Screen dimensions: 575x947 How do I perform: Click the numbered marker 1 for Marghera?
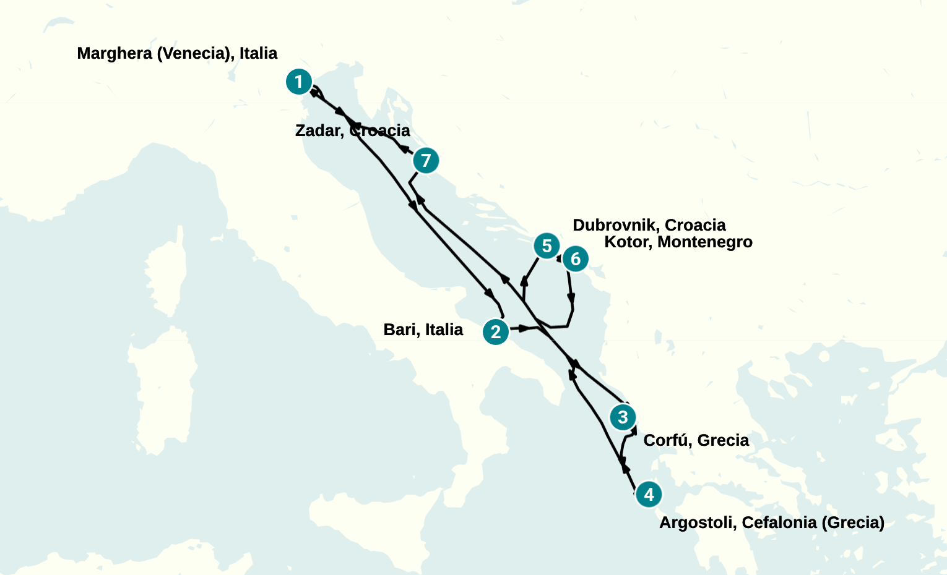point(298,82)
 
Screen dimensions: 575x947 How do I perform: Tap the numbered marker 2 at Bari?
point(496,332)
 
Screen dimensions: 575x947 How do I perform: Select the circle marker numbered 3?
point(623,417)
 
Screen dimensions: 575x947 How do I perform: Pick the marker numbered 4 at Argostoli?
point(649,495)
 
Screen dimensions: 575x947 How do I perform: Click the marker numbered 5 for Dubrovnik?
point(547,246)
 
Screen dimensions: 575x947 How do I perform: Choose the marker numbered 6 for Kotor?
point(576,258)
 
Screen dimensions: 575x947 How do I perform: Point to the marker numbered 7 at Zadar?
point(426,161)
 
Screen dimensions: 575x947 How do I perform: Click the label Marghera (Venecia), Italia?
point(177,54)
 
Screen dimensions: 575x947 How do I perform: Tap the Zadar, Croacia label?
point(352,130)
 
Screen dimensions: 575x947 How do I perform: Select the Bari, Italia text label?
point(423,330)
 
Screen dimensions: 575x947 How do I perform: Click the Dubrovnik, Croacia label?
point(649,225)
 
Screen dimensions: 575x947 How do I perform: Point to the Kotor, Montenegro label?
point(678,242)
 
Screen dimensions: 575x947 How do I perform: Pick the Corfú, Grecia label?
point(696,440)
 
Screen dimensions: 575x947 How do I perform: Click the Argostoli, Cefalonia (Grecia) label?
point(771,522)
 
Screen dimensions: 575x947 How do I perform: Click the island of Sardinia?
point(162,390)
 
